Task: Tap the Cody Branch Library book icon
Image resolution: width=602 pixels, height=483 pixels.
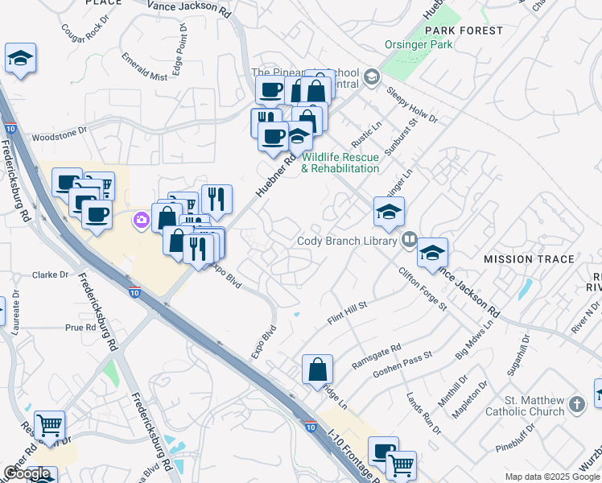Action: click(409, 240)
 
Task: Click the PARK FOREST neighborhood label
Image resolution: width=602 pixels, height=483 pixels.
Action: click(464, 31)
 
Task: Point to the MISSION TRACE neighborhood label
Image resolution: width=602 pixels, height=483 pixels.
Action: click(529, 259)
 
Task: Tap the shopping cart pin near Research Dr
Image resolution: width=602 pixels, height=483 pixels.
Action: click(49, 424)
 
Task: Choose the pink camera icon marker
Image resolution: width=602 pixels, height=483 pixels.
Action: click(142, 218)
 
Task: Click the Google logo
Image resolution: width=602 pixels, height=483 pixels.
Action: click(27, 473)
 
